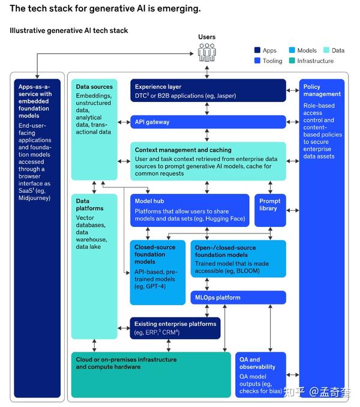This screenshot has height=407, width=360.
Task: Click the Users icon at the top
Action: coord(207,53)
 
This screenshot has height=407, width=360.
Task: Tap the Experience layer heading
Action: coord(158,87)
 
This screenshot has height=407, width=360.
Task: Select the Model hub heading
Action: coord(149,202)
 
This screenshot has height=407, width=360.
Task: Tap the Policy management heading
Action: coord(322,90)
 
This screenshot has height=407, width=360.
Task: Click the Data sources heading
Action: coord(94,87)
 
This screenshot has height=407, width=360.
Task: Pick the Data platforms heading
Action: coord(90,204)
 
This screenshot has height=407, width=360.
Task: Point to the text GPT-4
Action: coord(155,286)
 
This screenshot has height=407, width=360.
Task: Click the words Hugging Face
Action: coord(226,219)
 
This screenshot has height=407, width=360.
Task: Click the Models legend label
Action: coord(307,51)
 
